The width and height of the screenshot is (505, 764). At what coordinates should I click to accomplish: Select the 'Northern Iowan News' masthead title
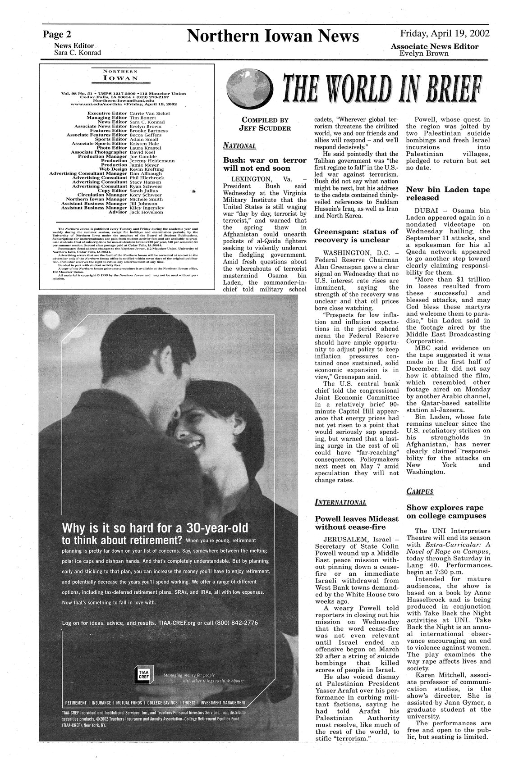pyautogui.click(x=273, y=36)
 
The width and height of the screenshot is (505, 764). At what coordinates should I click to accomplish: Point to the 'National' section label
pyautogui.click(x=239, y=146)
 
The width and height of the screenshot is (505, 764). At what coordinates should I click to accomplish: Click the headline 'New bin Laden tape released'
pyautogui.click(x=448, y=194)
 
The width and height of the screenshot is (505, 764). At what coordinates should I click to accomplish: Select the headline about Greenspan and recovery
pyautogui.click(x=356, y=236)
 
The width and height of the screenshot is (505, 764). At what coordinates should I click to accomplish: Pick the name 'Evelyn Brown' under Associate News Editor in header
pyautogui.click(x=424, y=54)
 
